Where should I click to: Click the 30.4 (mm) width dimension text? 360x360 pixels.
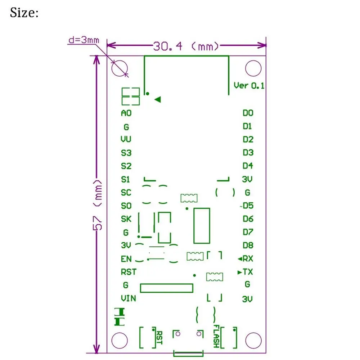pyautogui.click(x=186, y=46)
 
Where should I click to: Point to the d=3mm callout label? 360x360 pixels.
pyautogui.click(x=83, y=40)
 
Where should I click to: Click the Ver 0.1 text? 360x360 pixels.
pyautogui.click(x=249, y=85)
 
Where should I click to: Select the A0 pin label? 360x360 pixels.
pyautogui.click(x=126, y=113)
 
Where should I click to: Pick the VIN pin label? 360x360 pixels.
pyautogui.click(x=128, y=298)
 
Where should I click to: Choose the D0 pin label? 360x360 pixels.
pyautogui.click(x=248, y=113)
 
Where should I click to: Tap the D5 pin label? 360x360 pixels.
pyautogui.click(x=248, y=206)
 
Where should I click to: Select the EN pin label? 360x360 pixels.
pyautogui.click(x=126, y=259)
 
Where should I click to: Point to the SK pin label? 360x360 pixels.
pyautogui.click(x=126, y=219)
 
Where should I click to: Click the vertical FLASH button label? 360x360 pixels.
pyautogui.click(x=216, y=336)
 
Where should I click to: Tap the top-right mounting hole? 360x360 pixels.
pyautogui.click(x=253, y=68)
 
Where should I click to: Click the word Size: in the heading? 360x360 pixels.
pyautogui.click(x=24, y=13)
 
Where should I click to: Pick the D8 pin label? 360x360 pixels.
pyautogui.click(x=248, y=245)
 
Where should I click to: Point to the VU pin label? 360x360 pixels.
pyautogui.click(x=126, y=139)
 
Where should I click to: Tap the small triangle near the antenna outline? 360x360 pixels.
pyautogui.click(x=157, y=100)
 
